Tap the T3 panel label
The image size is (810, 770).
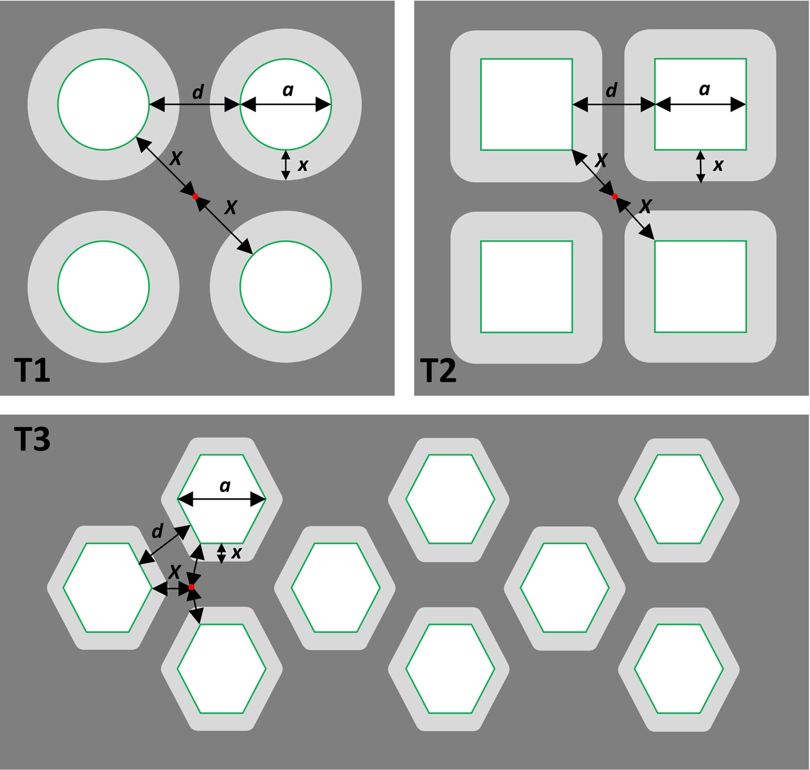tap(32, 439)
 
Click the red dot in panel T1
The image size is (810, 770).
tap(196, 197)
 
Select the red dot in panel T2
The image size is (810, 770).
tap(615, 197)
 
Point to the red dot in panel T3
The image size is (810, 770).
tap(192, 588)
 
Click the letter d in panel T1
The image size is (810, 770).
tap(198, 91)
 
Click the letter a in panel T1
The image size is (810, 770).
tap(288, 90)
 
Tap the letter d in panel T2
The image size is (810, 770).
tap(612, 90)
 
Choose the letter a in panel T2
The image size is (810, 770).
tap(704, 89)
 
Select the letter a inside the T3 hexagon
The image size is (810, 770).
tap(225, 486)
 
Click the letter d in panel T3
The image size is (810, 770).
tap(157, 530)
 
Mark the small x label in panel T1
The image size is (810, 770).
tap(303, 166)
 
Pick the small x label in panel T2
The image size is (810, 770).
tap(718, 166)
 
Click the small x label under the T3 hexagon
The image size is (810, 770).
tap(236, 553)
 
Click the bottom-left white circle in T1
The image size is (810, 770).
tap(104, 287)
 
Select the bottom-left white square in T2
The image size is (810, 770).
tap(526, 287)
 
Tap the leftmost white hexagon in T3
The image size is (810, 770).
tap(108, 588)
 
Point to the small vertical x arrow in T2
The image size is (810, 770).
tap(701, 167)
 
